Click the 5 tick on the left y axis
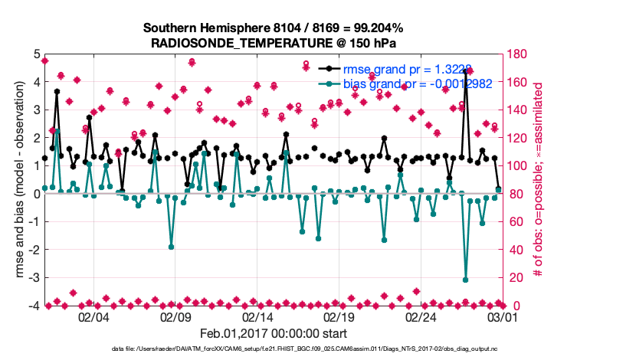tap(36, 54)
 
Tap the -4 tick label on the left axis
tap(34, 306)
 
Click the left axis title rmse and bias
tap(20, 180)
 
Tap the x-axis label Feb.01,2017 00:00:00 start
tap(274, 333)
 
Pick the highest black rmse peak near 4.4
tap(467, 70)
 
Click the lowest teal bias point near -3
tap(466, 280)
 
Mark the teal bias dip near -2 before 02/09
tap(171, 247)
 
